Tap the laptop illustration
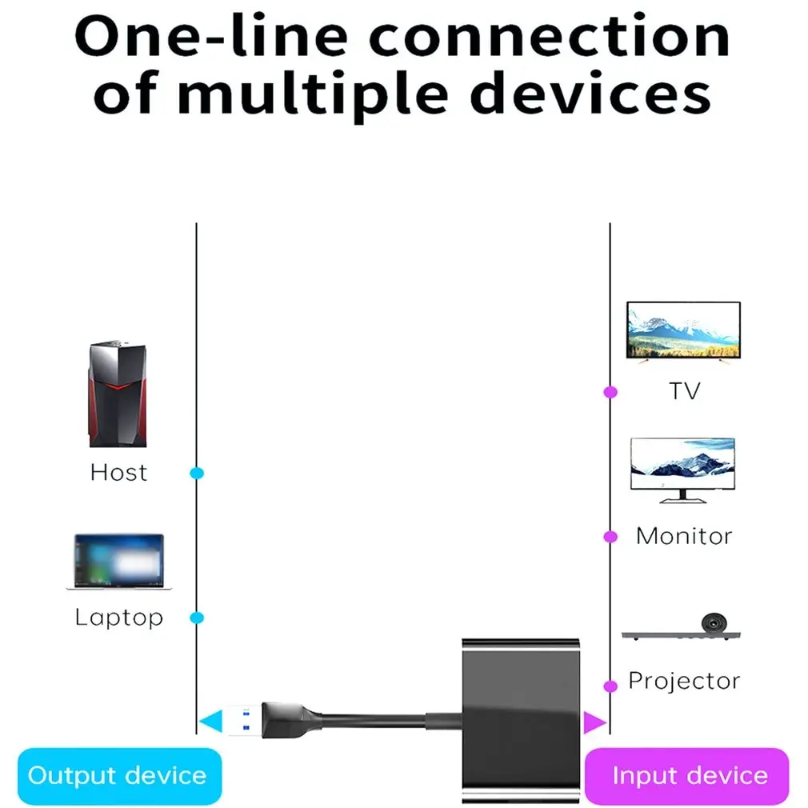pyautogui.click(x=118, y=562)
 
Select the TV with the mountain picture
pyautogui.click(x=683, y=331)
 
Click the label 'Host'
pyautogui.click(x=118, y=473)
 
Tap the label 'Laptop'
pyautogui.click(x=118, y=618)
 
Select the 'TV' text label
pyautogui.click(x=685, y=391)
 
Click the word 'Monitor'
pyautogui.click(x=684, y=536)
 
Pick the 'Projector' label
pyautogui.click(x=684, y=682)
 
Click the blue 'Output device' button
pyautogui.click(x=118, y=775)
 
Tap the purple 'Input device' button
pyautogui.click(x=689, y=775)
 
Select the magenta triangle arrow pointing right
pyautogui.click(x=594, y=722)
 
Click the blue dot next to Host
pyautogui.click(x=197, y=473)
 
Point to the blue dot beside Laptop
pyautogui.click(x=197, y=618)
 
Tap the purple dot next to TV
pyautogui.click(x=610, y=392)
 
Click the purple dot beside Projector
pyautogui.click(x=610, y=686)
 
